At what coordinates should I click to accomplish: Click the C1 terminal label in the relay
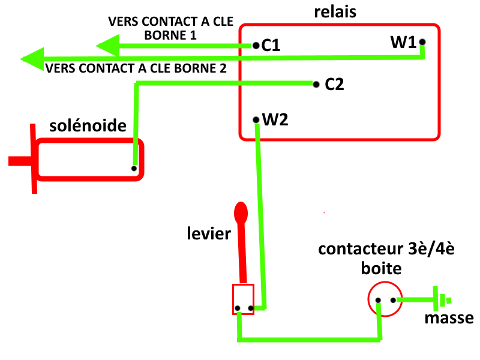click(x=271, y=46)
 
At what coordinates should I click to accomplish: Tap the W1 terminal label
click(x=403, y=43)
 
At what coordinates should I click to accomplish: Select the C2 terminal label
click(x=334, y=85)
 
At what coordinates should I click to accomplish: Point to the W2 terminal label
click(x=275, y=119)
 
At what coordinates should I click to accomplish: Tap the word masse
click(x=449, y=319)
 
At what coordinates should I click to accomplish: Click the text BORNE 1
click(x=170, y=35)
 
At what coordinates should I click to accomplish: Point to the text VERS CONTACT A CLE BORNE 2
click(x=136, y=68)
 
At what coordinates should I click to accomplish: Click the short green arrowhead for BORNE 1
click(x=108, y=45)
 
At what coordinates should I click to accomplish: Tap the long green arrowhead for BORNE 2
click(x=34, y=58)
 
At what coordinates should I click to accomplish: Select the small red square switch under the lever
click(x=243, y=299)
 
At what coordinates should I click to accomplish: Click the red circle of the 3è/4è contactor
click(x=384, y=299)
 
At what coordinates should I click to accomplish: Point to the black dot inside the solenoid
click(x=134, y=169)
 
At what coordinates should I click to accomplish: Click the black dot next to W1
click(x=422, y=42)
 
